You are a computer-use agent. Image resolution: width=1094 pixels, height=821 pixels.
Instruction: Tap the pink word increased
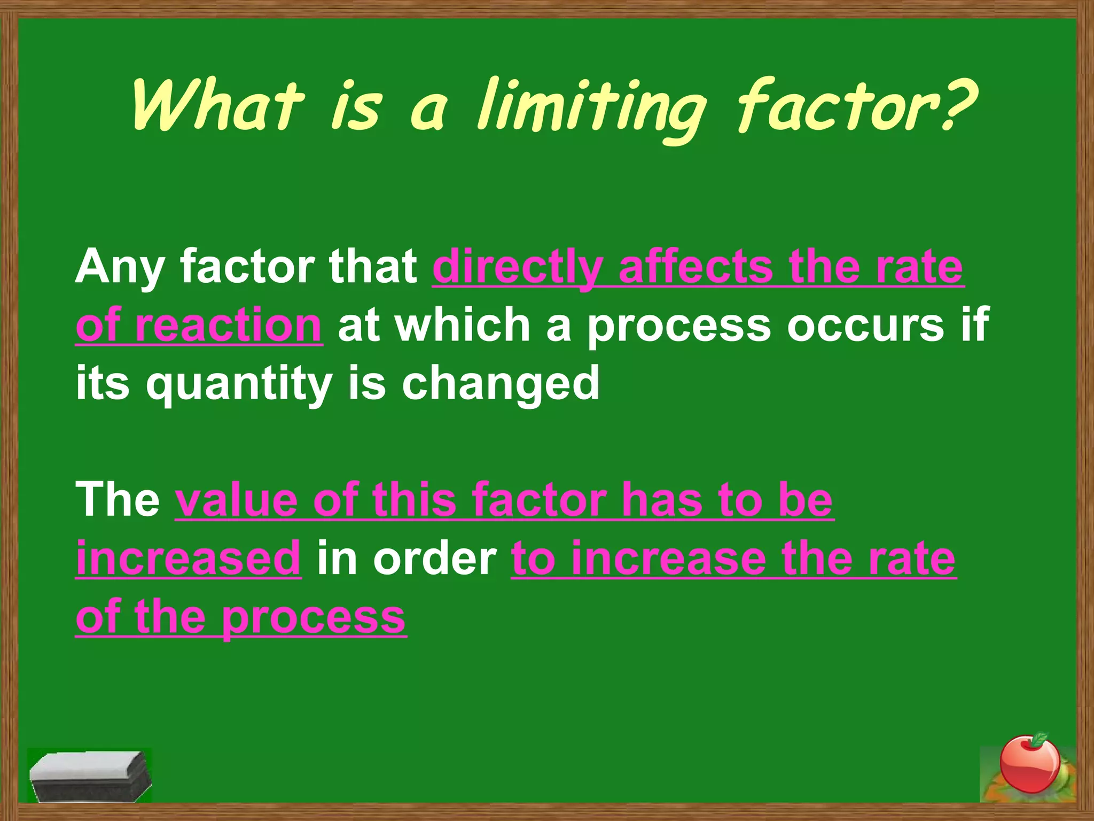[x=189, y=559]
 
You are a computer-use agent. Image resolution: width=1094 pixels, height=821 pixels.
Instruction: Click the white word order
[x=435, y=559]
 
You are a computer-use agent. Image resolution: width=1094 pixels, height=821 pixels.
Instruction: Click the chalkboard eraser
[x=89, y=775]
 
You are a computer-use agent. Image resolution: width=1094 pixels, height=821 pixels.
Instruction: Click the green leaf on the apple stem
[x=1039, y=740]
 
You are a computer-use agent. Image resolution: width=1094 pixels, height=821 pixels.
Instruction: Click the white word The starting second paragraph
[x=118, y=500]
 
